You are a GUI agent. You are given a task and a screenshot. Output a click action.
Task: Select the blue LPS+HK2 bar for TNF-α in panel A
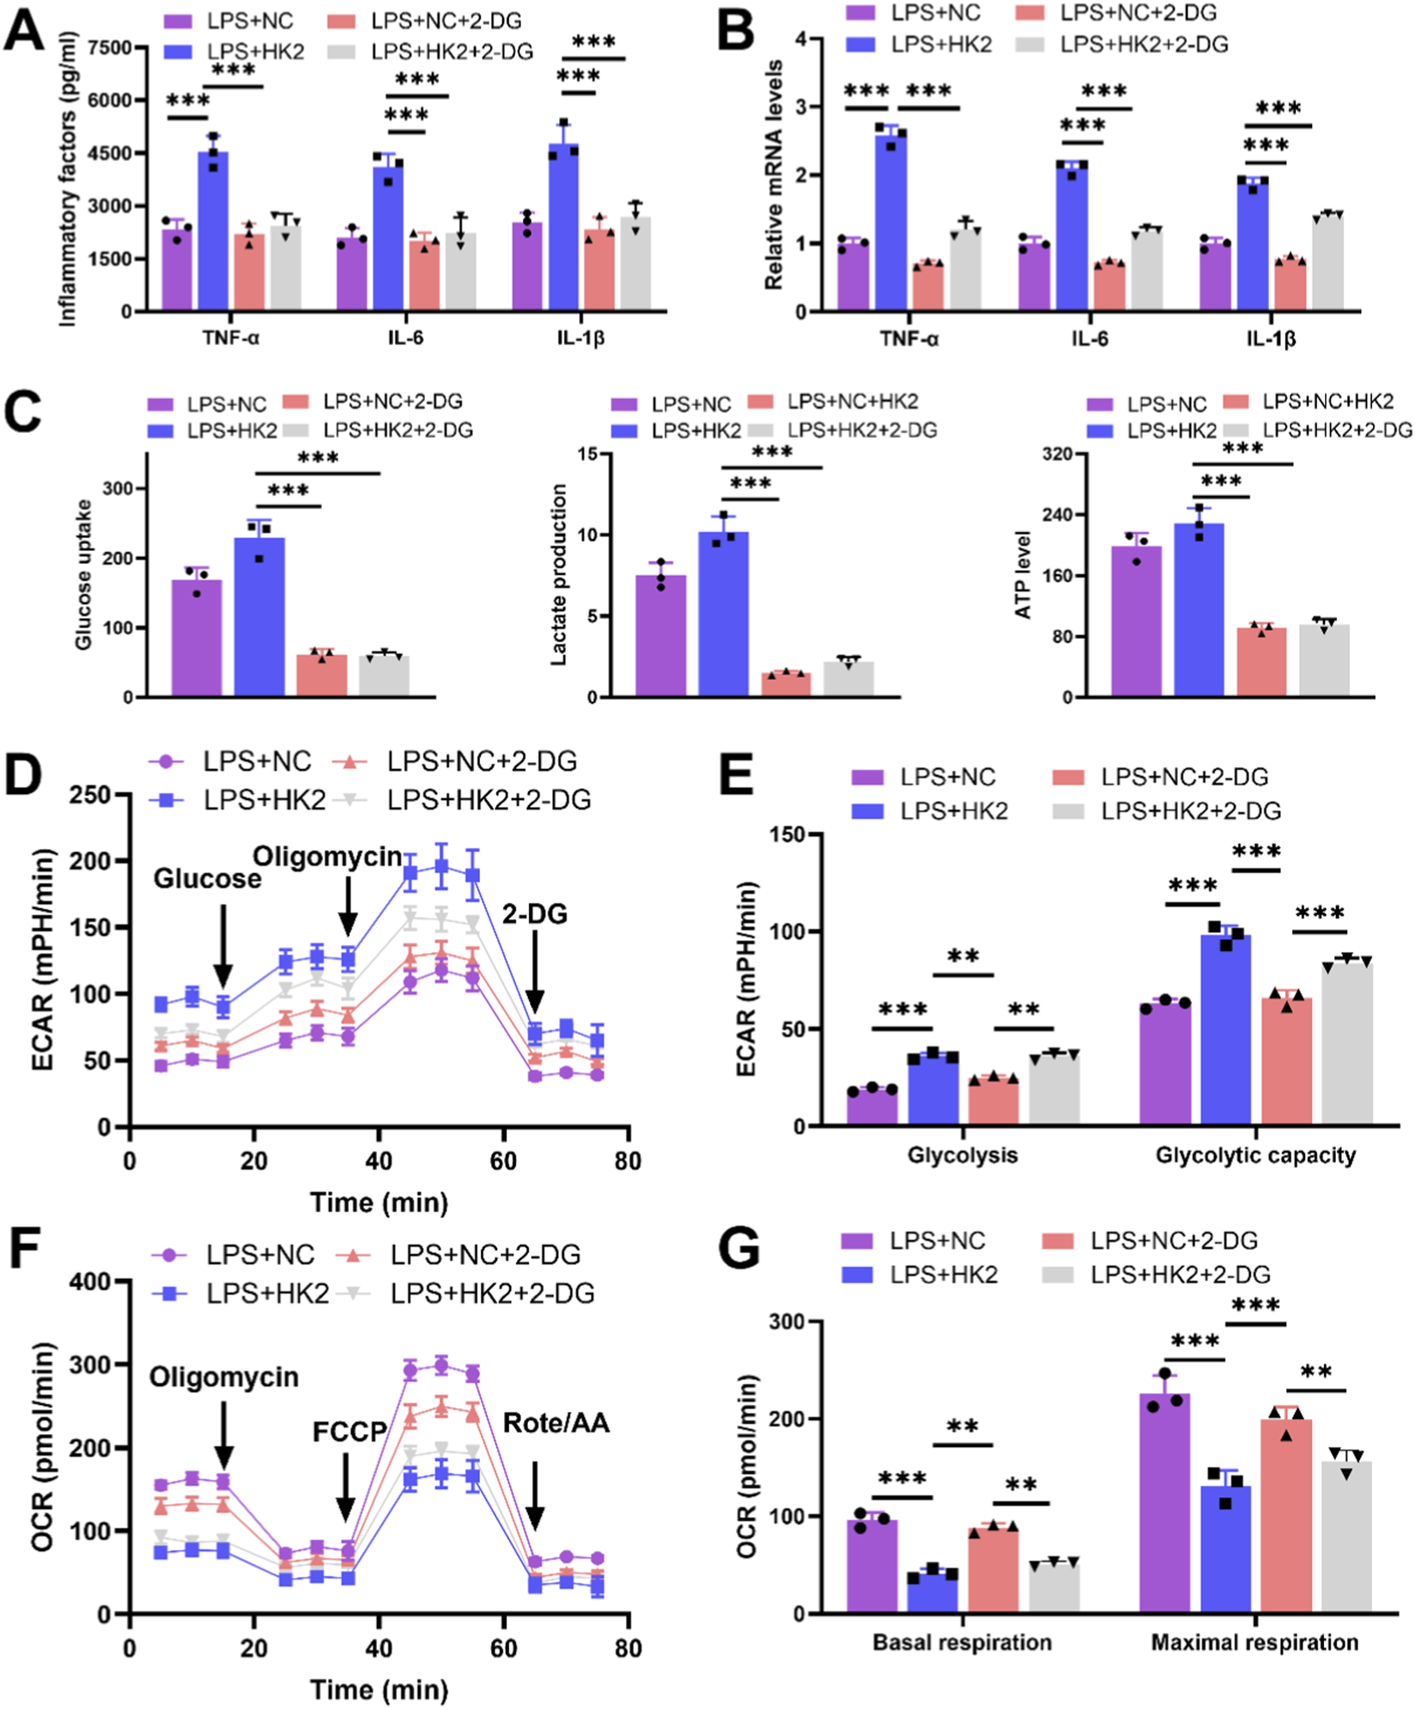[213, 232]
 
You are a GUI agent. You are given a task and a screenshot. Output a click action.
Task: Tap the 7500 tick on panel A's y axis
[110, 47]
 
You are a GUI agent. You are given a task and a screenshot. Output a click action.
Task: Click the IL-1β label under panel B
[1271, 339]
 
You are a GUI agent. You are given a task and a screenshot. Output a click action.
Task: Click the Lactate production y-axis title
[559, 575]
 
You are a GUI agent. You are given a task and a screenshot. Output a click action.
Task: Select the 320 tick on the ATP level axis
[1057, 453]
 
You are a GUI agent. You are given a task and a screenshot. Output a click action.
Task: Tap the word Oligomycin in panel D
[327, 856]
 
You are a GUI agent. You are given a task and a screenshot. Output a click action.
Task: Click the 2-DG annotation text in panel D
[534, 914]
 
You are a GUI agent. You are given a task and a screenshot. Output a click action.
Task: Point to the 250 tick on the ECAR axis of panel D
[90, 795]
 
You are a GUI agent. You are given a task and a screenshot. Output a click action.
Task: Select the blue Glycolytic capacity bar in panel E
[1225, 1030]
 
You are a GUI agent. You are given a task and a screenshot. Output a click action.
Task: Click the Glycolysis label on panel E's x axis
[963, 1155]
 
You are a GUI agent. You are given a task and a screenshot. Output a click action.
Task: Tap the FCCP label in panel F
[349, 1432]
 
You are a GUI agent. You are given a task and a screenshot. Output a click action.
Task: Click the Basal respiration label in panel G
[962, 1642]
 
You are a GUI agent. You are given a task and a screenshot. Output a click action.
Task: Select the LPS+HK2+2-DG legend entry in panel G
[1180, 1275]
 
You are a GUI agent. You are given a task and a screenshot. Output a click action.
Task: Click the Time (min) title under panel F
[379, 1689]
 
